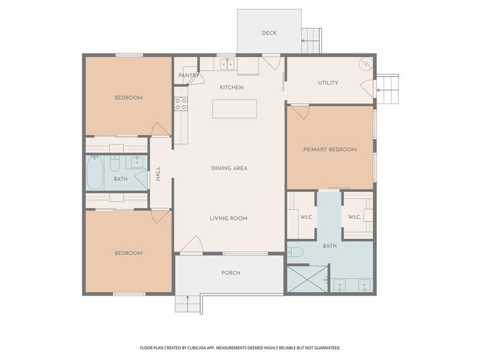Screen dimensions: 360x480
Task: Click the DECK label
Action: click(269, 33)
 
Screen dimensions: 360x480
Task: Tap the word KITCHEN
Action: click(232, 88)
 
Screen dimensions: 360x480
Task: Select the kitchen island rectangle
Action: click(235, 109)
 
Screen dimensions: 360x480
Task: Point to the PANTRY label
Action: click(188, 76)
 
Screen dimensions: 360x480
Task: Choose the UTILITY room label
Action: click(328, 83)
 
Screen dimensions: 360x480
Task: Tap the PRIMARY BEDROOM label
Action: click(330, 149)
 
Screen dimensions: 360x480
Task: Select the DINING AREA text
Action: click(229, 168)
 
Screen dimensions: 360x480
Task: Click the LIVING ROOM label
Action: click(229, 218)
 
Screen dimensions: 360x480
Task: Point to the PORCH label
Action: click(231, 273)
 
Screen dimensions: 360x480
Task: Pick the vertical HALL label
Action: click(158, 174)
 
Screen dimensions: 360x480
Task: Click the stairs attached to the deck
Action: click(311, 40)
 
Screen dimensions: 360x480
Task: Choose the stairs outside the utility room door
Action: click(388, 89)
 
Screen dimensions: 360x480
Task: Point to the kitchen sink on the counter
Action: click(227, 62)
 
